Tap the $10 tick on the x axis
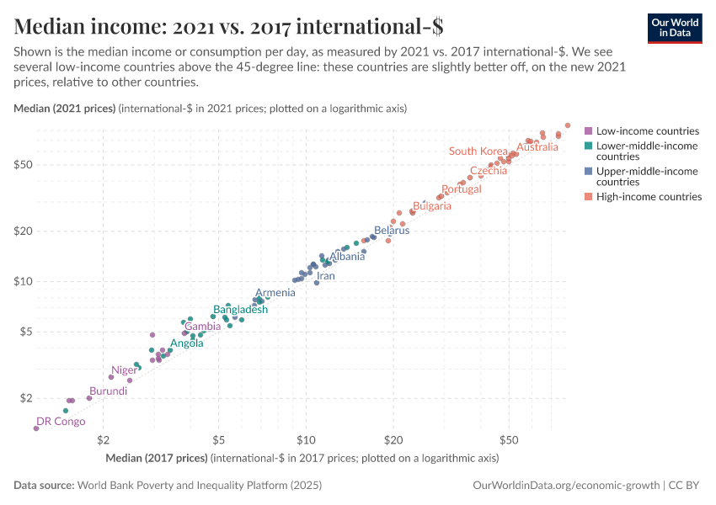point(305,440)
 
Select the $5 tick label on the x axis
point(218,440)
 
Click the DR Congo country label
point(61,422)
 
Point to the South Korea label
point(478,151)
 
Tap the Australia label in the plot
point(537,147)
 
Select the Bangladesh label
point(240,310)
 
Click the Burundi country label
point(109,391)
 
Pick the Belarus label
point(392,230)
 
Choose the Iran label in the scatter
point(325,276)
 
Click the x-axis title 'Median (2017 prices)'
point(157,459)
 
